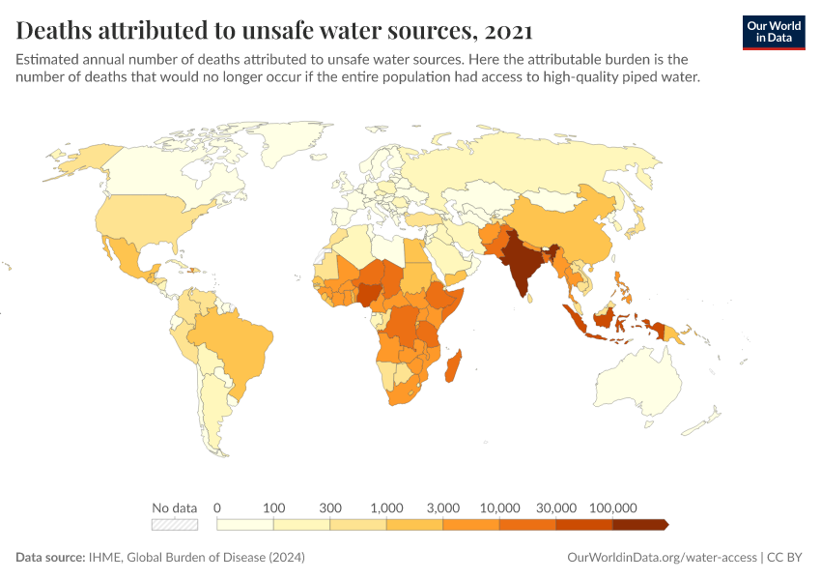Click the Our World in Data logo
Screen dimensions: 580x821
(773, 32)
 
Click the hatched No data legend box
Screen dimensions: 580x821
(175, 525)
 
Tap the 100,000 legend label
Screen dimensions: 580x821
(612, 507)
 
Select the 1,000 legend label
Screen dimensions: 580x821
(386, 507)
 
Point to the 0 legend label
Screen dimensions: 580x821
(217, 507)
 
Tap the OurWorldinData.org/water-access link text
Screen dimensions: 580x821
(661, 558)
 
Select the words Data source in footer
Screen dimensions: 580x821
(49, 558)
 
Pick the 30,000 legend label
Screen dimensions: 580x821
(556, 507)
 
